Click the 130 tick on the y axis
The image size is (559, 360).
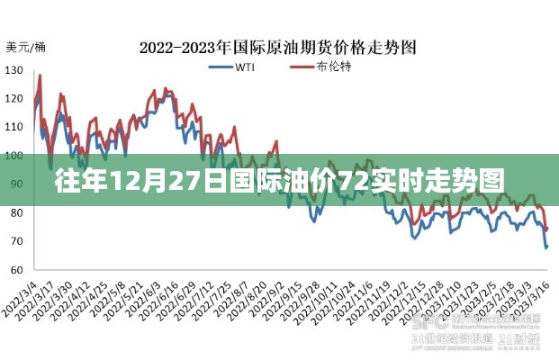(14, 70)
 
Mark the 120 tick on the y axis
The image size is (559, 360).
(14, 99)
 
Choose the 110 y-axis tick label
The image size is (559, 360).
(14, 128)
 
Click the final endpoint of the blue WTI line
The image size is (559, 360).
(546, 247)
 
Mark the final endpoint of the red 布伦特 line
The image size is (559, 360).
(546, 229)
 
